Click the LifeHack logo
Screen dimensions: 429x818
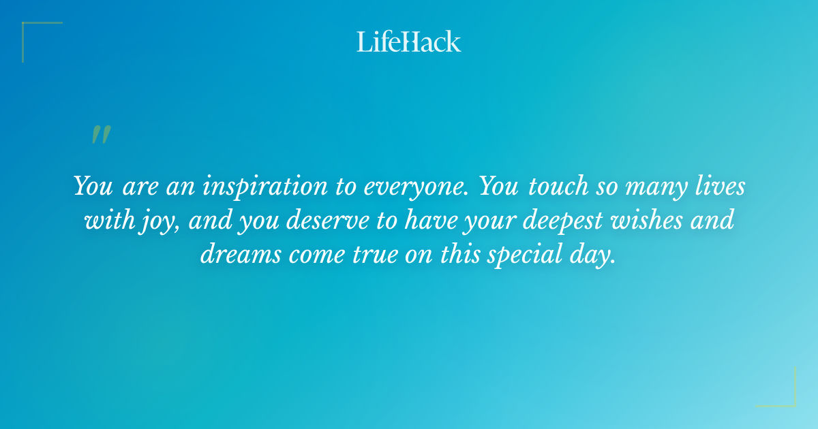click(x=409, y=42)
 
